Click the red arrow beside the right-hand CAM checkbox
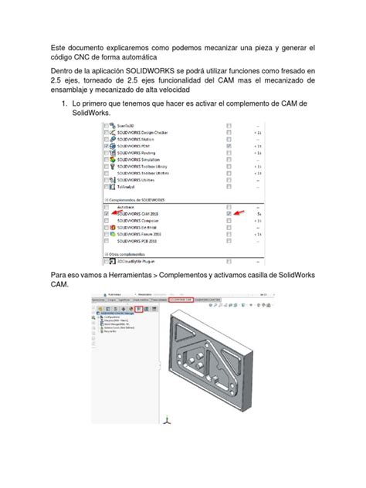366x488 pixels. coord(242,212)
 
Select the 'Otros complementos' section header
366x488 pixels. coord(124,254)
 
